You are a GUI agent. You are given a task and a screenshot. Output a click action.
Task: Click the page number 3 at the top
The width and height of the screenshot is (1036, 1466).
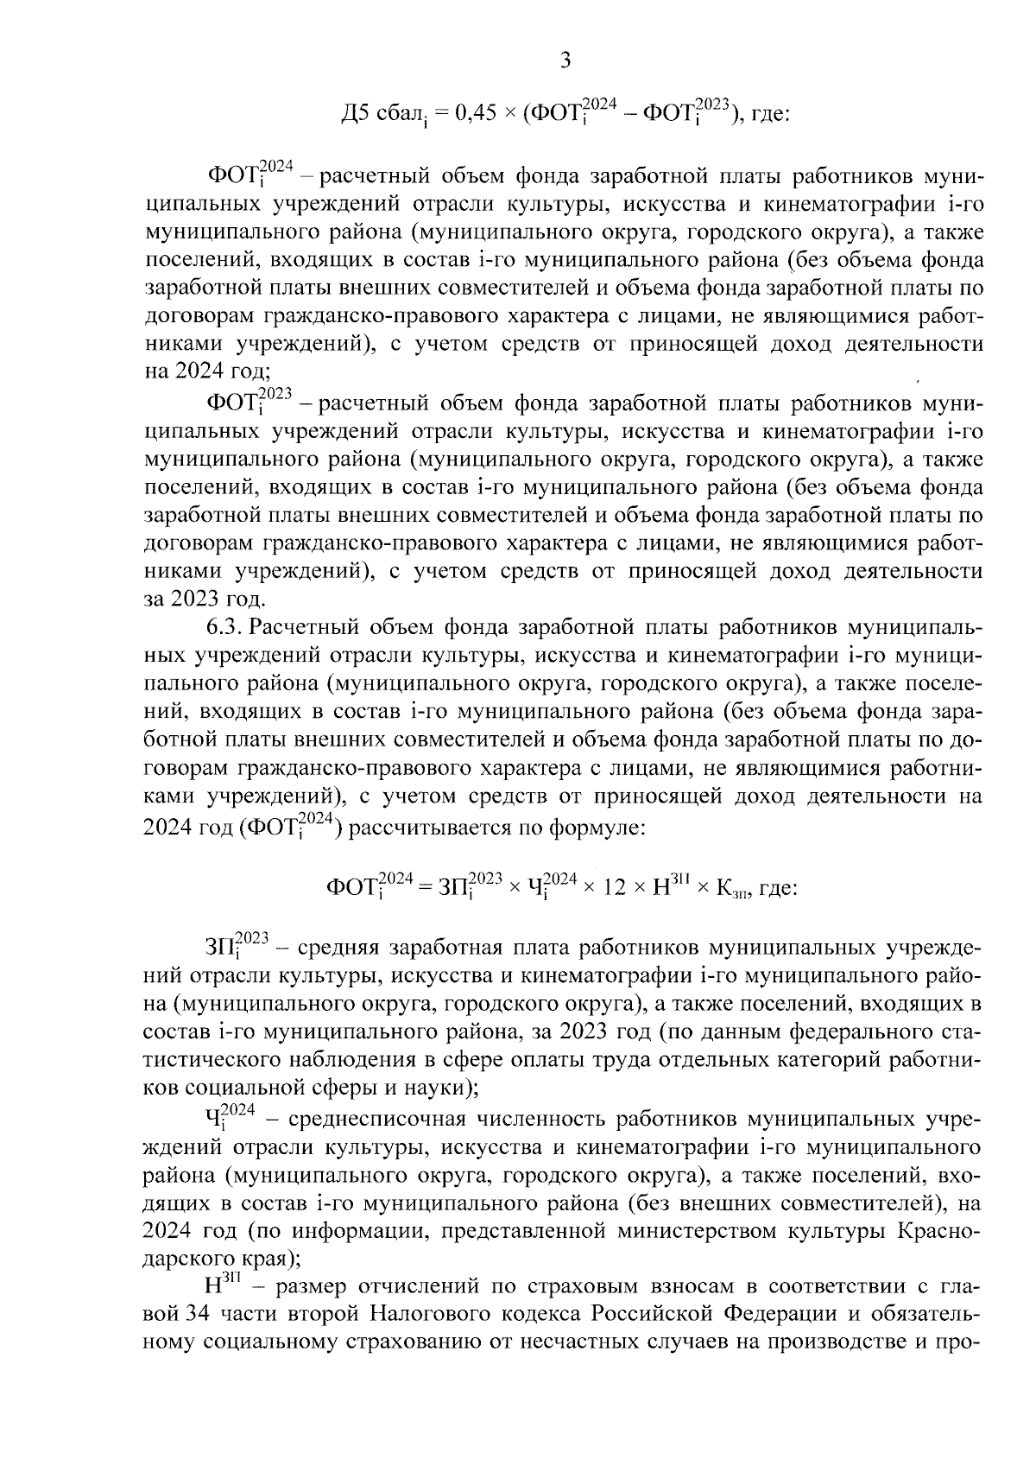click(565, 60)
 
